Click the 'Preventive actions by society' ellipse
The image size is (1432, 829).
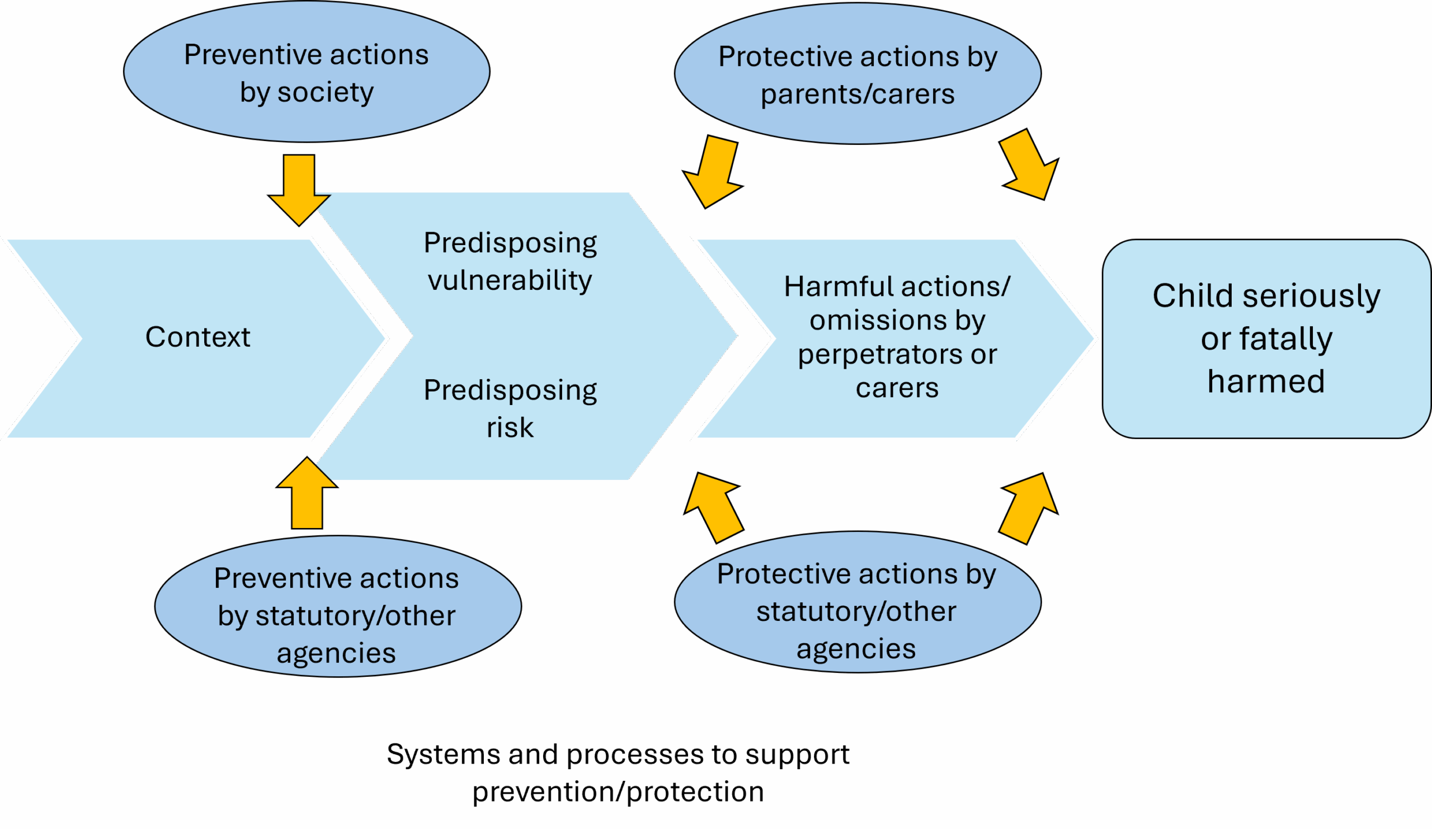(x=307, y=72)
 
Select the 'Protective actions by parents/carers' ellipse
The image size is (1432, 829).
(x=858, y=74)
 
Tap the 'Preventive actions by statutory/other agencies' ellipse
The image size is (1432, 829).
(x=337, y=606)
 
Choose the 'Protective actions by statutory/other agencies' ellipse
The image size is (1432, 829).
(x=858, y=602)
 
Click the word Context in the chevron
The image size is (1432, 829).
(x=198, y=337)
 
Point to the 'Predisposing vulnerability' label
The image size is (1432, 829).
(x=510, y=261)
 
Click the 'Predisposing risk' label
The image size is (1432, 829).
(x=510, y=408)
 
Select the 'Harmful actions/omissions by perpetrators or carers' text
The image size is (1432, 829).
(x=897, y=337)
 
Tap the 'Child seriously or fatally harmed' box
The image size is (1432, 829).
(x=1266, y=338)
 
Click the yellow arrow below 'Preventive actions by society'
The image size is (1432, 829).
(x=299, y=190)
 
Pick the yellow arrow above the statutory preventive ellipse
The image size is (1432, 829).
(x=307, y=493)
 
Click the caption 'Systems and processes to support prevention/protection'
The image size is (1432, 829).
(x=618, y=773)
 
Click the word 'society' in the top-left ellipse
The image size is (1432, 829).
(x=326, y=93)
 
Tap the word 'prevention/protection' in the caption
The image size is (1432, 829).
(x=618, y=792)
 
